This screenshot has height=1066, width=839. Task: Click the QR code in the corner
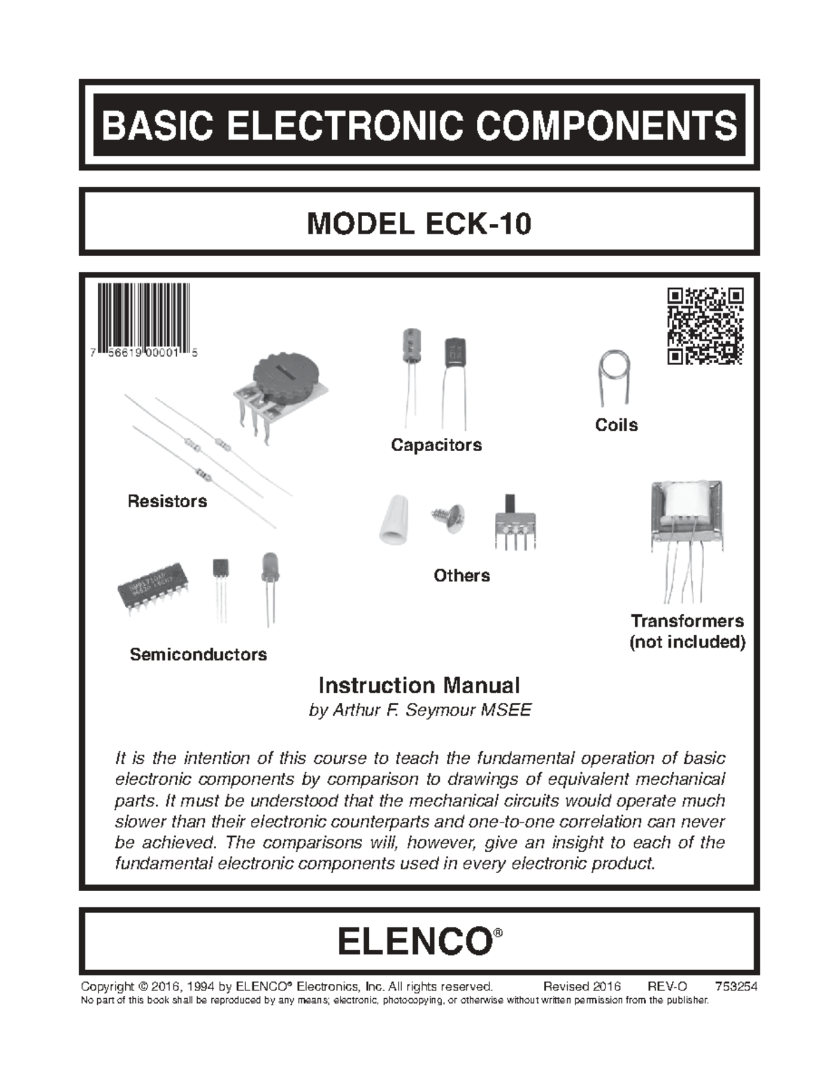pos(705,326)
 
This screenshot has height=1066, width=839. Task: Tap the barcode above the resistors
pos(143,318)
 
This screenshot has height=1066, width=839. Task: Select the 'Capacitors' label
pos(436,445)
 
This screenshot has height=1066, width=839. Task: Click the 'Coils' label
pos(616,425)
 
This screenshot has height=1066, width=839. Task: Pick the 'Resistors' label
pos(167,501)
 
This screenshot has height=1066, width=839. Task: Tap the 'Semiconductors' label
pos(199,654)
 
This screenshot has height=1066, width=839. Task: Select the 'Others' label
pos(461,575)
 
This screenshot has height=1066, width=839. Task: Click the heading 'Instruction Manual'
pos(419,685)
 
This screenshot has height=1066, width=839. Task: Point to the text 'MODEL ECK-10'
pos(419,223)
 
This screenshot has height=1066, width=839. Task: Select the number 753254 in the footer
pos(736,986)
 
